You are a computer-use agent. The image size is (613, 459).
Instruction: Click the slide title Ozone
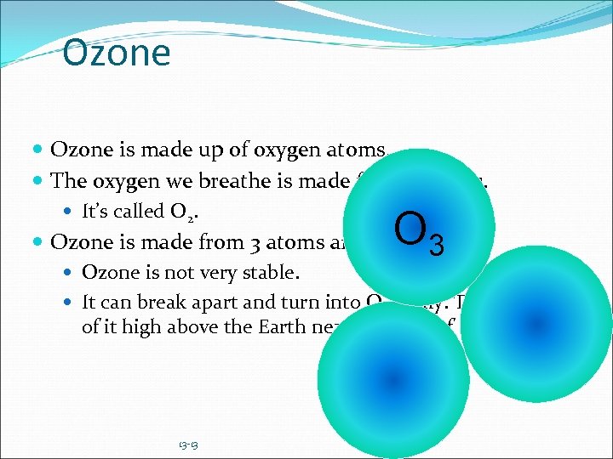(117, 53)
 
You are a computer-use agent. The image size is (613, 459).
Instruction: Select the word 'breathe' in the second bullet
(221, 180)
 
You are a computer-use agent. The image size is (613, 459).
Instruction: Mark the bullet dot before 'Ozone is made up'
(39, 150)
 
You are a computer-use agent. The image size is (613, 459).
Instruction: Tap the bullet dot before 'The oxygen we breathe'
(39, 180)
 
